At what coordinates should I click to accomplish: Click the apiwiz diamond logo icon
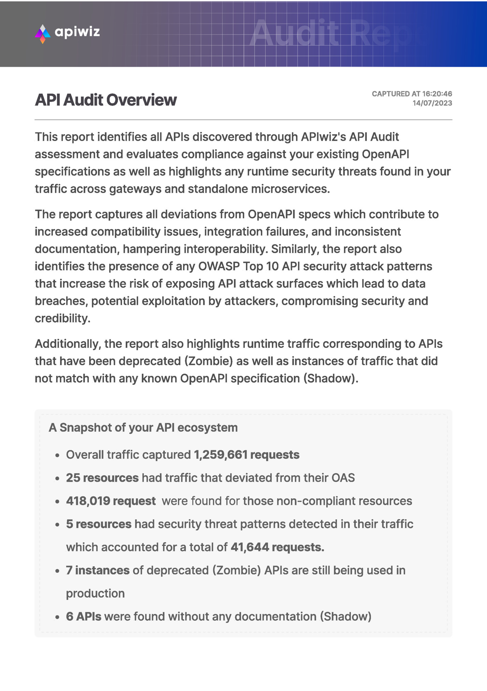pos(43,34)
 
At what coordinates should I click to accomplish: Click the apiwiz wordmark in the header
pos(77,32)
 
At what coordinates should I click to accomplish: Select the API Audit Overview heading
pos(106,100)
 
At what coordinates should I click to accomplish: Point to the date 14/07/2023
pos(432,103)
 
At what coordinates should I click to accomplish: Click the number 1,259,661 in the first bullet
pos(220,455)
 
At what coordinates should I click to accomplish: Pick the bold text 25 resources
pos(102,478)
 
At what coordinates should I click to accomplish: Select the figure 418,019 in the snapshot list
pos(88,501)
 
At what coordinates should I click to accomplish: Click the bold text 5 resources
pos(99,524)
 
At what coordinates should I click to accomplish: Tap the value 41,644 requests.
pos(277,547)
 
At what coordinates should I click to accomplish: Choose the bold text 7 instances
pos(98,570)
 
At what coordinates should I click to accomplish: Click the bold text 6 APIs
pos(84,616)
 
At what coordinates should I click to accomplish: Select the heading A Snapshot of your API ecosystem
pos(143,427)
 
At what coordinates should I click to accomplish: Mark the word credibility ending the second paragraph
pos(62,318)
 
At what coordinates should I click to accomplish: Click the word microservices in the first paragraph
pos(290,189)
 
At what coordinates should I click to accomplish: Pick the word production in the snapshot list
pos(95,594)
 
